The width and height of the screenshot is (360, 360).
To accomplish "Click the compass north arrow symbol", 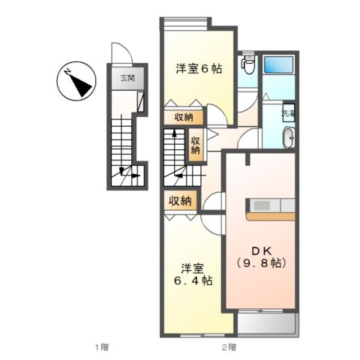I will [x=76, y=82].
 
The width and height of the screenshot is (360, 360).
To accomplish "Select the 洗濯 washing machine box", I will [x=288, y=113].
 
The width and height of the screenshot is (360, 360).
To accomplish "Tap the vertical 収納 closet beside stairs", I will [x=195, y=143].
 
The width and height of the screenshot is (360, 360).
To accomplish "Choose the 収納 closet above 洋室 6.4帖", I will [x=180, y=201].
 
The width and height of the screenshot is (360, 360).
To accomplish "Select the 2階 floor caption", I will [x=229, y=346].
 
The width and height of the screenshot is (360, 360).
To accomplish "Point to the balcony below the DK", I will [x=268, y=323].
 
